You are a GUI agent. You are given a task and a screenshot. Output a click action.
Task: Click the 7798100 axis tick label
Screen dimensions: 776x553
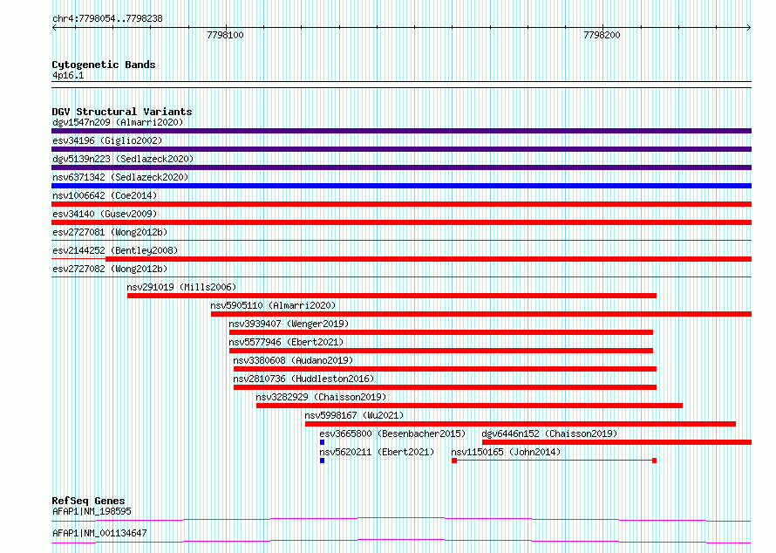point(225,35)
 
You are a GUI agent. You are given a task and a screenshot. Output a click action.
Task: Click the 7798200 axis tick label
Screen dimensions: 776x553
point(602,35)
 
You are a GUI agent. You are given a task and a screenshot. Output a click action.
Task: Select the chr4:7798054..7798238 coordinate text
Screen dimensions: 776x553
point(107,19)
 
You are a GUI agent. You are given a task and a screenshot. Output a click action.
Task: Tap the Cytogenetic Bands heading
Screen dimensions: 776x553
point(104,65)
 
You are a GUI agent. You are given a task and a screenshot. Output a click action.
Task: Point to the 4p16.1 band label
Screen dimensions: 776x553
point(68,75)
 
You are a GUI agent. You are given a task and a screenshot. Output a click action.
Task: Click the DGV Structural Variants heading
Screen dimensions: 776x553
point(122,112)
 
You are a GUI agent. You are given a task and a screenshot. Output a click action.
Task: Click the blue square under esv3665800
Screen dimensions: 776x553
point(323,442)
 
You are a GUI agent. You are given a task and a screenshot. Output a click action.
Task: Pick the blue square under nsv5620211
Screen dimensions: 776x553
point(323,461)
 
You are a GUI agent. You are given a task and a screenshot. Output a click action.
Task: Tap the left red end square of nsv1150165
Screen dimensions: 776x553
point(454,461)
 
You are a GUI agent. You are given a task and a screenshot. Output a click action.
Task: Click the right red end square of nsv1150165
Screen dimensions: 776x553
point(654,461)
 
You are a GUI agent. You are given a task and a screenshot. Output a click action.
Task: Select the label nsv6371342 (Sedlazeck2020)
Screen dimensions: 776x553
point(120,177)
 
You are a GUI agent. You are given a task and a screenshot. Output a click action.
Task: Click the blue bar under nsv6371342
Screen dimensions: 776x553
point(401,186)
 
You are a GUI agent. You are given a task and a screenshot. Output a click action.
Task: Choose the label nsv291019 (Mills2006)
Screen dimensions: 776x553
point(181,287)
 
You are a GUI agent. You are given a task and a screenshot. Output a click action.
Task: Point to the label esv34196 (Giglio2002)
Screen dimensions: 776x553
point(107,140)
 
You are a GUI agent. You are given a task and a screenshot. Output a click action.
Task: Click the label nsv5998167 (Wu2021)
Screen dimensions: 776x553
point(354,415)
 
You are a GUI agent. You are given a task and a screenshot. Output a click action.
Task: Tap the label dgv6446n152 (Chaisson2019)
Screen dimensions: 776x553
point(549,434)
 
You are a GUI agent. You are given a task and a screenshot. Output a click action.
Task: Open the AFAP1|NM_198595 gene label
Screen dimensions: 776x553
point(92,511)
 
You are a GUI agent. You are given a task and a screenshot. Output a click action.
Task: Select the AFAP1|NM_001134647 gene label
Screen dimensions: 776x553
point(99,533)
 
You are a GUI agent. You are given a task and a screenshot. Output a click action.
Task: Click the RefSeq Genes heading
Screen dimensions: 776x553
point(88,501)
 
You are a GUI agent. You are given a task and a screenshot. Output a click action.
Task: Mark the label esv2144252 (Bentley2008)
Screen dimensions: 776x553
point(115,250)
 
